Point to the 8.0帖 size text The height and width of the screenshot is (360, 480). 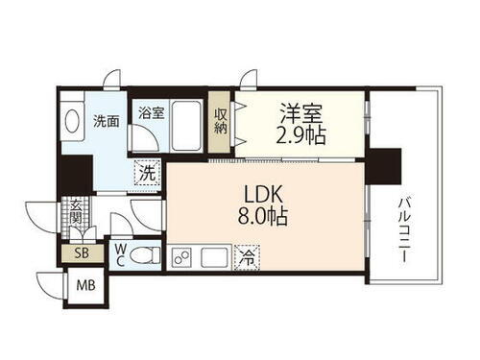point(266,217)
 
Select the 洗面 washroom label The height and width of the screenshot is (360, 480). point(107,123)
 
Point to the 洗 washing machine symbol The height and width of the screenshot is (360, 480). point(147,174)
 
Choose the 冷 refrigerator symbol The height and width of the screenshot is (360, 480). point(247,256)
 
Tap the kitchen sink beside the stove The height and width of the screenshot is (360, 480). point(213,256)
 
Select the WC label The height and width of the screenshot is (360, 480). point(121,254)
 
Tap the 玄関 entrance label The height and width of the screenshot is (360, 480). point(75,214)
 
